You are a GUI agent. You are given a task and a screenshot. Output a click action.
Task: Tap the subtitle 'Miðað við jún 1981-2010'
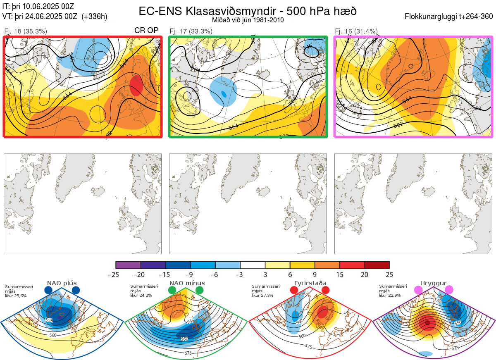248,20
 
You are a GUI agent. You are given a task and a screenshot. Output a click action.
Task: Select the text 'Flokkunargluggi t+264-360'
450,17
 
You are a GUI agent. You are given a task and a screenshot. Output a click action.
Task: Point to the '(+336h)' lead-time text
95,17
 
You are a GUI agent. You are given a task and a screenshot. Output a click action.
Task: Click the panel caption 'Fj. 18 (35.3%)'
26,31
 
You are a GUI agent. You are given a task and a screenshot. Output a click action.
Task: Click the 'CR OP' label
147,31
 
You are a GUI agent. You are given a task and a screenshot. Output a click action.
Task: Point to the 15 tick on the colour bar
340,274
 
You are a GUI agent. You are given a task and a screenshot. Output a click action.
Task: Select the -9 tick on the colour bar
191,274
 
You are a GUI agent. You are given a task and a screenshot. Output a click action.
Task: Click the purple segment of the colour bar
128,265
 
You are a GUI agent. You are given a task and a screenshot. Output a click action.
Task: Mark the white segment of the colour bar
253,265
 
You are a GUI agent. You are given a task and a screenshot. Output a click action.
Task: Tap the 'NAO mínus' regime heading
187,283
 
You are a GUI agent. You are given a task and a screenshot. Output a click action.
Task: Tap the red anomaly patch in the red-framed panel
136,86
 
